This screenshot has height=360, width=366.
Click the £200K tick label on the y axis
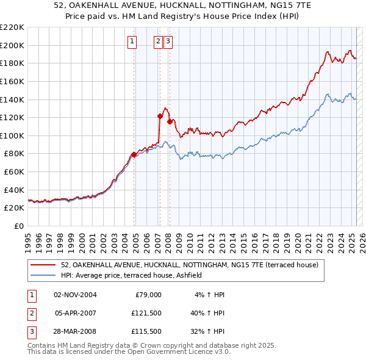click(x=12, y=45)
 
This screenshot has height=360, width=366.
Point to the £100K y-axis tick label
click(x=12, y=135)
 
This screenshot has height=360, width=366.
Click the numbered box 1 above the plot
click(x=132, y=41)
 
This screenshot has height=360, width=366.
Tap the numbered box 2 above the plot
click(x=158, y=41)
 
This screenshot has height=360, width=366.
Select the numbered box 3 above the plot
click(x=168, y=41)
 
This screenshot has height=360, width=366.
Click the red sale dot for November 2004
click(x=134, y=154)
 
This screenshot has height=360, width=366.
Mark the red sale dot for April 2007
click(x=160, y=116)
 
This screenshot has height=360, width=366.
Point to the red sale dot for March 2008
click(x=170, y=121)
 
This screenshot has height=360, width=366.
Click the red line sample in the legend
click(x=43, y=265)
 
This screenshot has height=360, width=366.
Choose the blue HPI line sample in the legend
click(x=43, y=276)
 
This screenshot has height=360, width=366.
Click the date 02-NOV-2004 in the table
click(x=76, y=295)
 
